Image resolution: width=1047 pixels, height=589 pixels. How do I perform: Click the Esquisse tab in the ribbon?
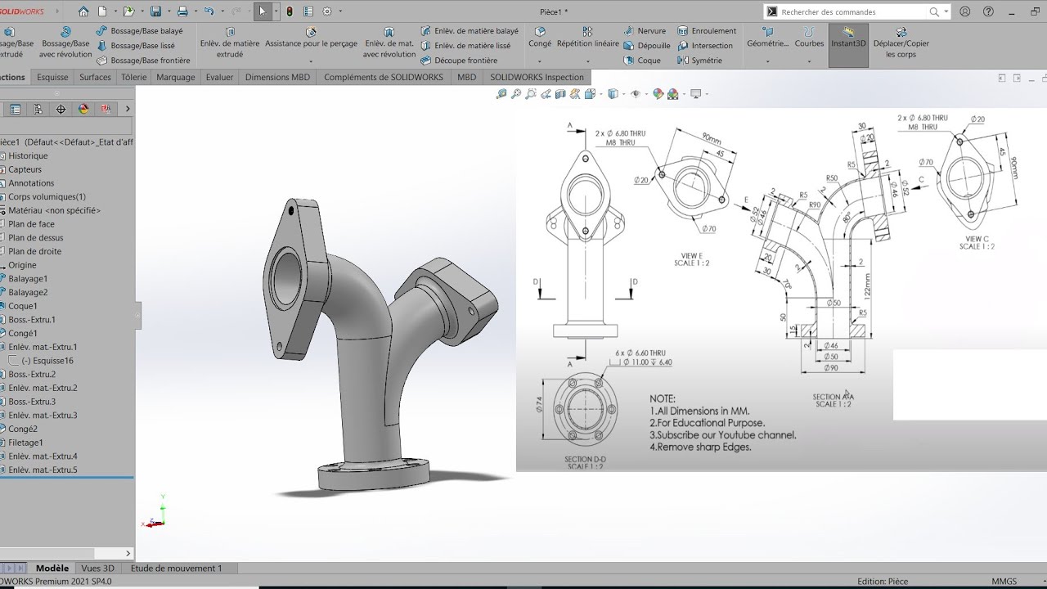point(52,77)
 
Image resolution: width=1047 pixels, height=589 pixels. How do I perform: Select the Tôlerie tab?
point(133,77)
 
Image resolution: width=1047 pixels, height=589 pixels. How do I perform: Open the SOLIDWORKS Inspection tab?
point(537,77)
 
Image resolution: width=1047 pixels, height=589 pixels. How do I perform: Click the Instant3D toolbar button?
point(848,43)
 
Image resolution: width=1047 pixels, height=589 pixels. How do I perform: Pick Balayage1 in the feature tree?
point(28,279)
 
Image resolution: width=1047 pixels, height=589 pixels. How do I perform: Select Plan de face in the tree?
point(31,224)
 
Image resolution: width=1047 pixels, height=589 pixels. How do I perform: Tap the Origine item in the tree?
point(22,265)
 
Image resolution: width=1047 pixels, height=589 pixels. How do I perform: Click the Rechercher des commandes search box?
point(851,12)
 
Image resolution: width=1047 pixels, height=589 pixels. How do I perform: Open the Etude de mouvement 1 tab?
point(176,569)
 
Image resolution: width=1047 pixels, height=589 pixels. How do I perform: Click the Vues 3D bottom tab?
point(97,569)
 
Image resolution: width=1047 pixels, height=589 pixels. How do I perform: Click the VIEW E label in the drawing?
point(691,255)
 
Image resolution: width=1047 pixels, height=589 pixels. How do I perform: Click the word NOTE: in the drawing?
point(663,398)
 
